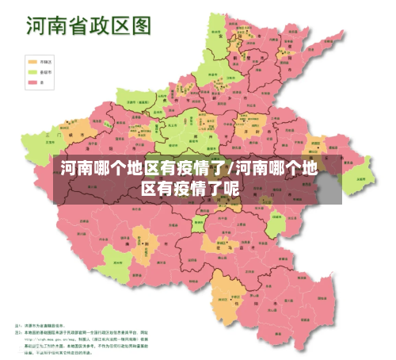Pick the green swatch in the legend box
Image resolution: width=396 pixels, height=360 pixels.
pos(32,71)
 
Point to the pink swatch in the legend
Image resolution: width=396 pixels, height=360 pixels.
pos(32,82)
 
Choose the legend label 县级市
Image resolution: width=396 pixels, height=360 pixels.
pos(48,71)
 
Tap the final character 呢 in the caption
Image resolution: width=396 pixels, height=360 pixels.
pos(230,189)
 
